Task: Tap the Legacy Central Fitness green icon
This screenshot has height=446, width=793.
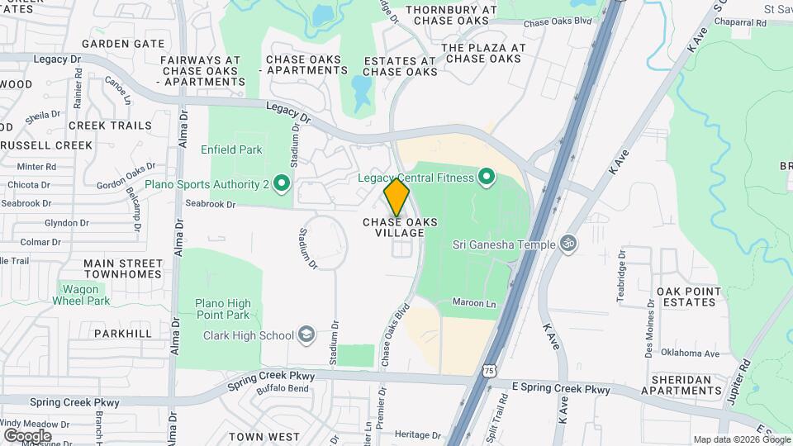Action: [487, 178]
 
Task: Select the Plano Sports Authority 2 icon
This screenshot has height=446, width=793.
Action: [281, 183]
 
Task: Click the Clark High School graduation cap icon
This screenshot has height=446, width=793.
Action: [306, 335]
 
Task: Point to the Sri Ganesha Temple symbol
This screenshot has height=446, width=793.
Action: [567, 244]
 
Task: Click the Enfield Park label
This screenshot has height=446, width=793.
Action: [231, 149]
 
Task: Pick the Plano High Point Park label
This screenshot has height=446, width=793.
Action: [222, 309]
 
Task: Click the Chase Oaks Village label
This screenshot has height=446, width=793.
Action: [401, 227]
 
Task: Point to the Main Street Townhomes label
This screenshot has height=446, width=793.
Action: [122, 268]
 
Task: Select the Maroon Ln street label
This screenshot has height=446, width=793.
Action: [474, 304]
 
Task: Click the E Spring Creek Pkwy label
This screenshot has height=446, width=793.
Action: [561, 388]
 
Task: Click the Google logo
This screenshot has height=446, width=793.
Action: [27, 435]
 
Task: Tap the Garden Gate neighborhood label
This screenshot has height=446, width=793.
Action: [123, 43]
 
